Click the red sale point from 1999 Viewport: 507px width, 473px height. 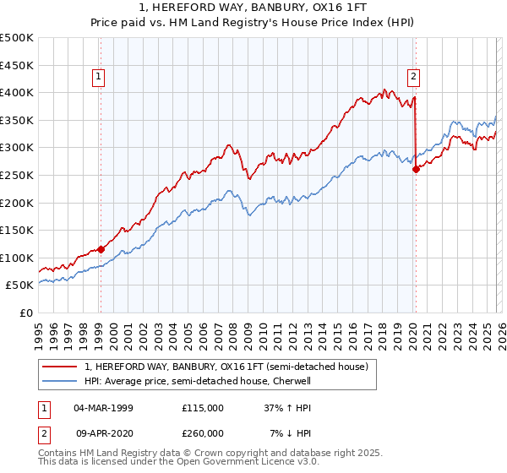coord(101,249)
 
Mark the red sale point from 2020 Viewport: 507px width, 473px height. coord(416,169)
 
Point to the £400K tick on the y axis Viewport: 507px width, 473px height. coord(17,92)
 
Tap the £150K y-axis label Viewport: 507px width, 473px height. coord(17,230)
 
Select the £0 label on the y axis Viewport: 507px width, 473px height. coord(27,313)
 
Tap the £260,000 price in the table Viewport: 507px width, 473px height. coord(203,432)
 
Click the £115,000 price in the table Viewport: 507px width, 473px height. coord(203,407)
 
